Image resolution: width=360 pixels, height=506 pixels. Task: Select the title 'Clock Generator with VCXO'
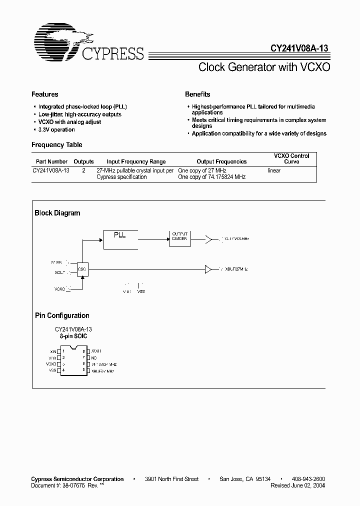coord(264,67)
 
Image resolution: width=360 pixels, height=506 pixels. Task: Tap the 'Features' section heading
coord(44,94)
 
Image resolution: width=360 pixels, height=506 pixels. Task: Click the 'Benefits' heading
coord(197,94)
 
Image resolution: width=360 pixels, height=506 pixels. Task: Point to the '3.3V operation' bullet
coord(56,129)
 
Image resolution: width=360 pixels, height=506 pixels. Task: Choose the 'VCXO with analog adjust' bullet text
coord(69,122)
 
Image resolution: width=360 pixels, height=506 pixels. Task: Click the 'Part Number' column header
coord(49,161)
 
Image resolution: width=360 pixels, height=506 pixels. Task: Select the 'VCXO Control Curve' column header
coord(291,158)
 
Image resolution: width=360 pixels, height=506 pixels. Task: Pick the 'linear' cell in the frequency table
coord(274,170)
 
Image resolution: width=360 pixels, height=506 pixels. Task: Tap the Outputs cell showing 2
coord(83,170)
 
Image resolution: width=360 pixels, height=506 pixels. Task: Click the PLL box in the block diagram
coord(120,239)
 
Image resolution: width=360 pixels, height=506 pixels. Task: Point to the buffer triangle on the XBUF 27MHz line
coord(208,269)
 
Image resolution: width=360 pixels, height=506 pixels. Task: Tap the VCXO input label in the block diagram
coord(59,288)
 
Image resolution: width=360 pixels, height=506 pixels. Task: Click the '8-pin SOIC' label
coord(73,336)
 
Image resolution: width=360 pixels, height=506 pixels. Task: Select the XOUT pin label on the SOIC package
coord(96,351)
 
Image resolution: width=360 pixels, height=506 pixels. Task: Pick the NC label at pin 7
coord(94,357)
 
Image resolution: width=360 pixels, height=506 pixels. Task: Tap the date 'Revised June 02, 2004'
coord(297,485)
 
